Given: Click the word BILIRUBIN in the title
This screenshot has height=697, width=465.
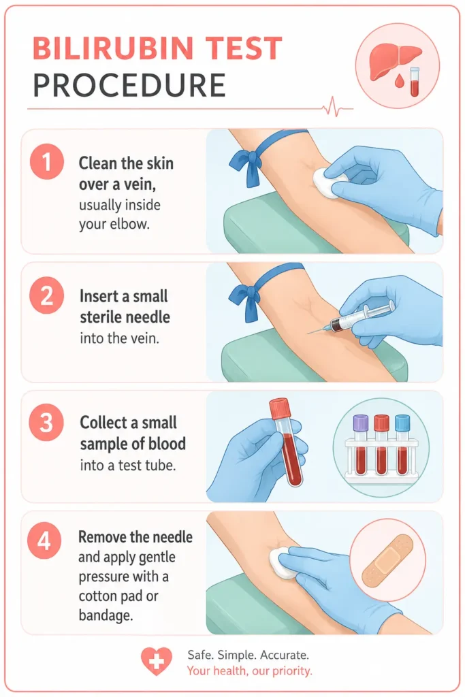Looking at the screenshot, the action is point(113,48).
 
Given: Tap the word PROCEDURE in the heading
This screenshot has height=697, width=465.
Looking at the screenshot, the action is point(129,85).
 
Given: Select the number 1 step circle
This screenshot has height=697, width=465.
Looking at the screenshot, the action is point(47,162).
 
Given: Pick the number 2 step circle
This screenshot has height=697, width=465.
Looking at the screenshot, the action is point(47,295).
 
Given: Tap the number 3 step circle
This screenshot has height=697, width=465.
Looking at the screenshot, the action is point(47,423).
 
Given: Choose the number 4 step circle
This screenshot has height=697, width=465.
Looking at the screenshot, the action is point(44,542).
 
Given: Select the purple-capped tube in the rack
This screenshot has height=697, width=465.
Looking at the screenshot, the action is point(361,444).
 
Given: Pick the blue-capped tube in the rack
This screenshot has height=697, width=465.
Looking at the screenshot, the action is point(402,444).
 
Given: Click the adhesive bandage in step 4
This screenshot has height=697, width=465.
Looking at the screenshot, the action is point(387,560).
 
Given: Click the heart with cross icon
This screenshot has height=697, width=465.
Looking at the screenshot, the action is point(157,661).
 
